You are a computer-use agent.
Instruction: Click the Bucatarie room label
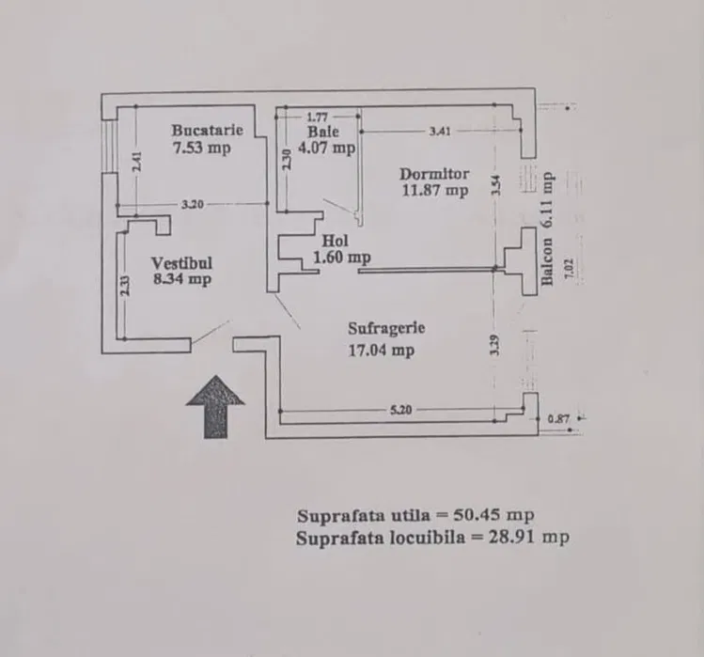[x=208, y=130]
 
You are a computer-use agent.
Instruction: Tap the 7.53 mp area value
[x=201, y=147]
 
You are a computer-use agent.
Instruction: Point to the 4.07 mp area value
[x=326, y=148]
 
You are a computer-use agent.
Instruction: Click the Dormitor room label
[x=433, y=174]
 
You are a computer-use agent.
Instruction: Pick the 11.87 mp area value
[x=434, y=191]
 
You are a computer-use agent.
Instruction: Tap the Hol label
[x=334, y=241]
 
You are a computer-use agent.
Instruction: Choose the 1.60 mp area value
[x=341, y=257]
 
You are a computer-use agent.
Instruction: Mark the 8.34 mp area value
[x=181, y=279]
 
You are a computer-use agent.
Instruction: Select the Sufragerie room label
[x=386, y=329]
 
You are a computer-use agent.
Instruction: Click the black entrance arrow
[x=215, y=405]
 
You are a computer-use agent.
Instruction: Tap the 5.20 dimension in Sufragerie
[x=401, y=410]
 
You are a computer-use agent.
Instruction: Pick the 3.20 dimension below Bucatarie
[x=194, y=204]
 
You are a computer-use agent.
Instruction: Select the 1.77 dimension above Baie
[x=316, y=117]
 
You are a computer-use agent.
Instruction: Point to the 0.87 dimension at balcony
[x=557, y=419]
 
